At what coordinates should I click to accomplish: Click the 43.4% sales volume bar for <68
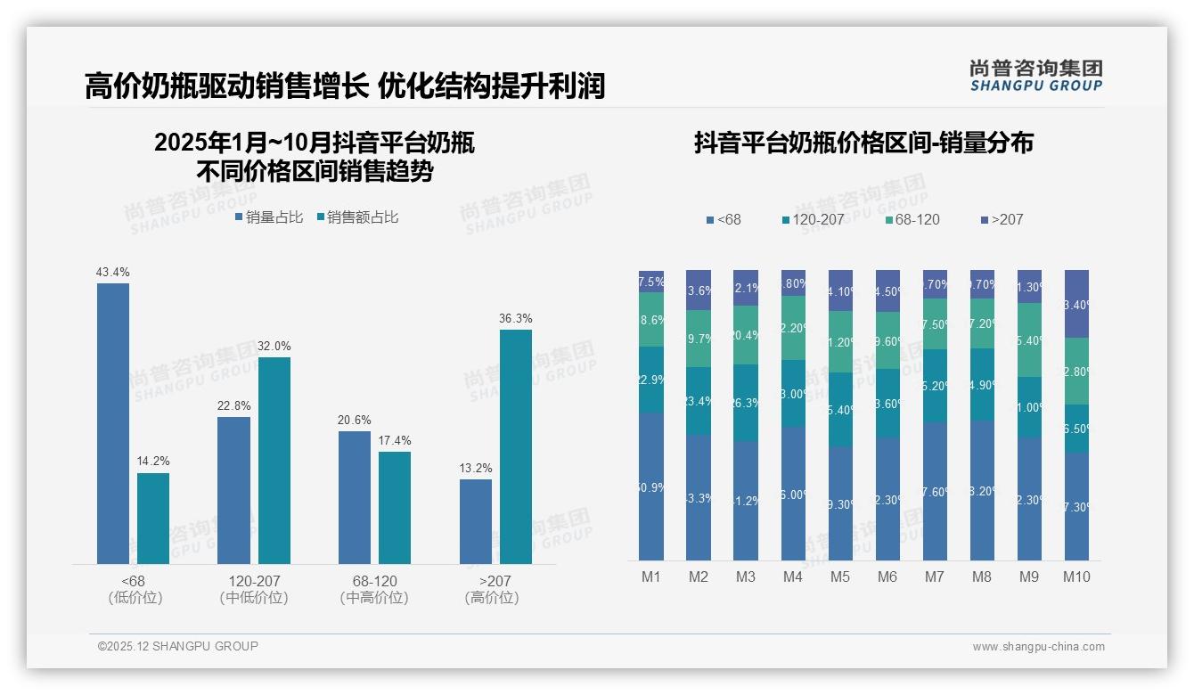click(x=113, y=423)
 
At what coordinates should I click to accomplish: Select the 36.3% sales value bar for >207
click(x=516, y=446)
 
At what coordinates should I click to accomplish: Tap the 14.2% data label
click(x=153, y=462)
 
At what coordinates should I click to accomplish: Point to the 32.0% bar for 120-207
click(x=274, y=461)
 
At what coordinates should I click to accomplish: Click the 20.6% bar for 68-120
click(x=355, y=497)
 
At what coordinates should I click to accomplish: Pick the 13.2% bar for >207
click(x=476, y=521)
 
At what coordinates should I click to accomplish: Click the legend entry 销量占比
click(x=269, y=217)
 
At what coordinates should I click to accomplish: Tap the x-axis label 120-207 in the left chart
click(x=254, y=581)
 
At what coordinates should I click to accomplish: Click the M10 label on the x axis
click(x=1076, y=576)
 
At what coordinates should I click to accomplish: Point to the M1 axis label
click(x=651, y=576)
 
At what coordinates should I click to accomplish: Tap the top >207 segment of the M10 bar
click(x=1076, y=303)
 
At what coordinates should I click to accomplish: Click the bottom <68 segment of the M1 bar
click(x=651, y=487)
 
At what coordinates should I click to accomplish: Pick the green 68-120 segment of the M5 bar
click(x=840, y=342)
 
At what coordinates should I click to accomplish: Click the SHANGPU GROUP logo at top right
click(x=1035, y=76)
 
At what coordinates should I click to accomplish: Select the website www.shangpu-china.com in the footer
click(x=1038, y=647)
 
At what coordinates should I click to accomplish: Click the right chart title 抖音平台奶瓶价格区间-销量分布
click(x=863, y=143)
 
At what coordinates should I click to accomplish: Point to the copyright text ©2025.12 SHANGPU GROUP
click(x=178, y=646)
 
